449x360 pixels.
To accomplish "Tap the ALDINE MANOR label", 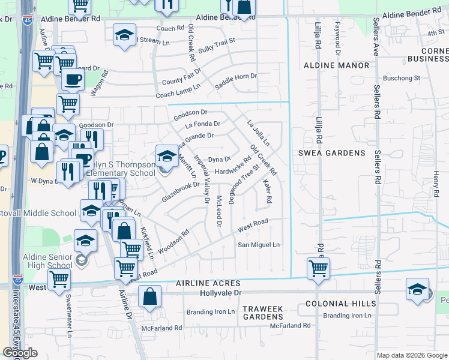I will (x=336, y=65).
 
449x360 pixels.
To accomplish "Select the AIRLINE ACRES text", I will (x=208, y=283).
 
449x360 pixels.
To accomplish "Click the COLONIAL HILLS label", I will (x=336, y=304).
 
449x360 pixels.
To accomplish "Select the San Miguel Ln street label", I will (x=259, y=245).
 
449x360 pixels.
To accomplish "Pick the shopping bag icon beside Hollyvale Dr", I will (x=149, y=296).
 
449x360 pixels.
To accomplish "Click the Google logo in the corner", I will (x=20, y=353).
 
